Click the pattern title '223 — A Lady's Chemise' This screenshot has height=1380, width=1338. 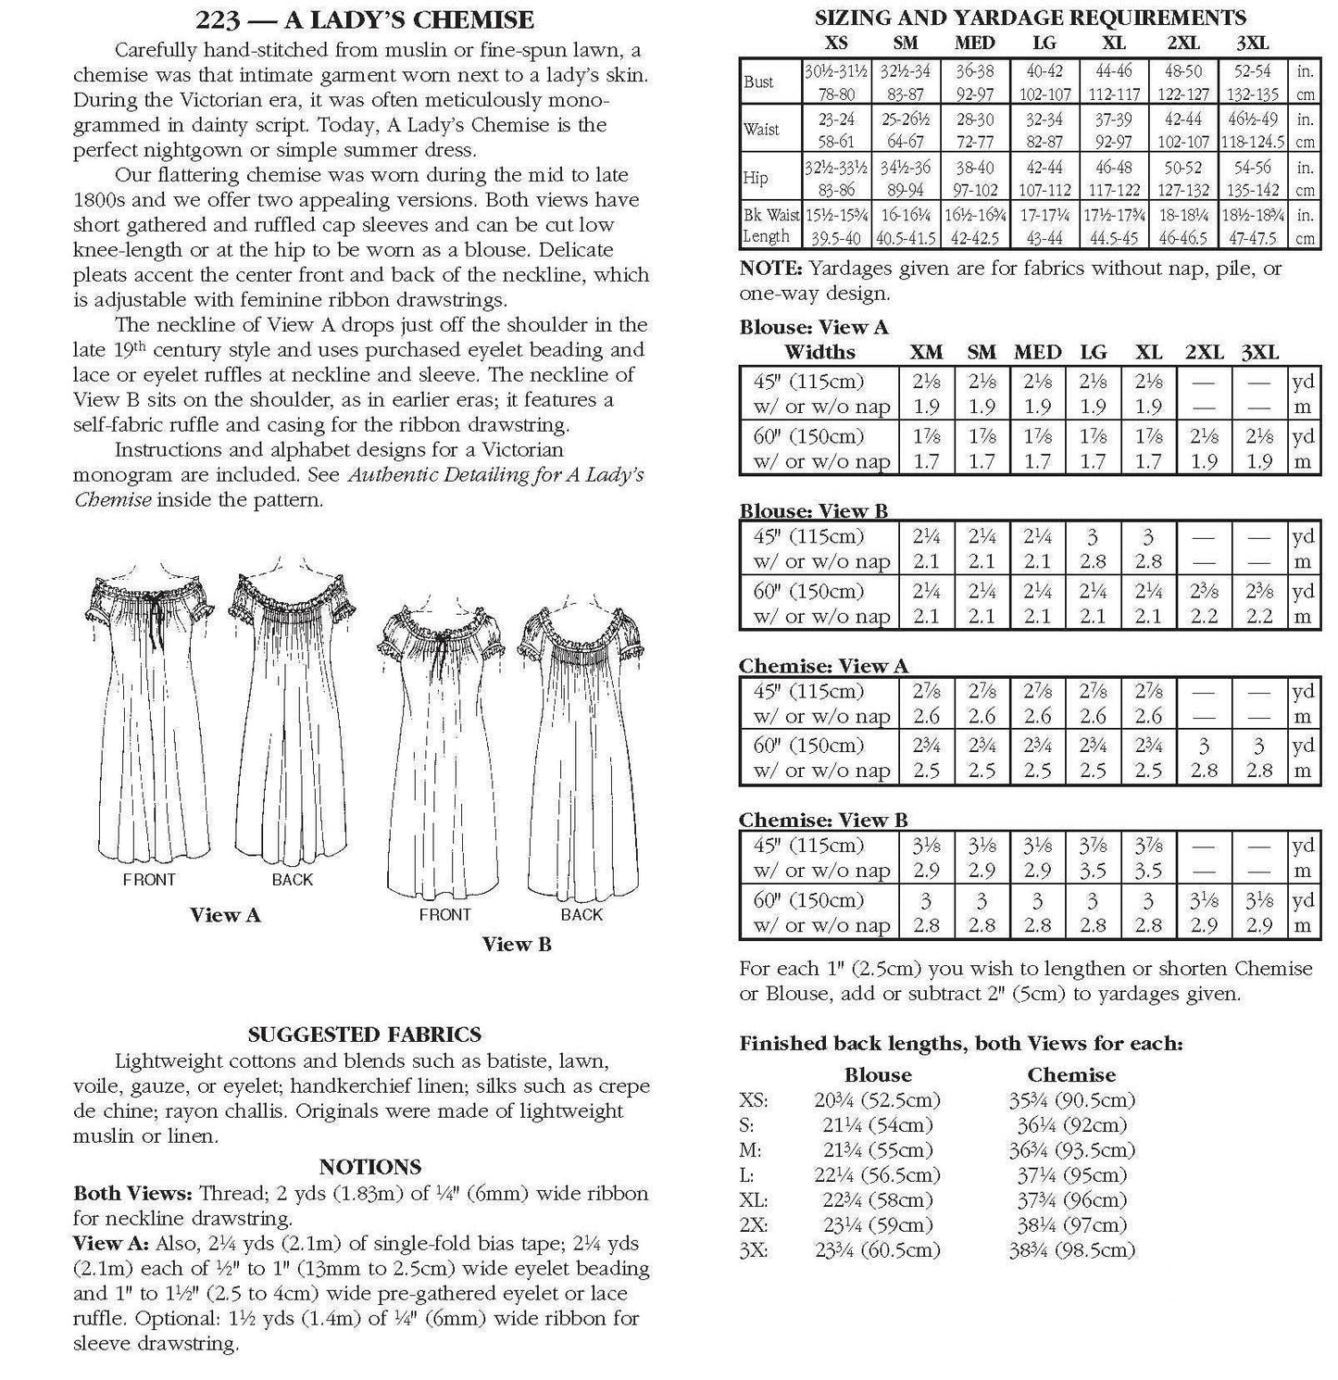coord(365,19)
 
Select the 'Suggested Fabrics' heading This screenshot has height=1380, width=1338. coord(364,1035)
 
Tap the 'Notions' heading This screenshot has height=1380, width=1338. coord(369,1167)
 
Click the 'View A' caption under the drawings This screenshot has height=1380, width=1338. coord(225,915)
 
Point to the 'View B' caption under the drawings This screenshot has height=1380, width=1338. coord(517,944)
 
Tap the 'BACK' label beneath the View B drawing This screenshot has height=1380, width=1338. coord(581,915)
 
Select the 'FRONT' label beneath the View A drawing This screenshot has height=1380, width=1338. coord(148,880)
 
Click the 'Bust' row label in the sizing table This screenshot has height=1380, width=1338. coord(758,82)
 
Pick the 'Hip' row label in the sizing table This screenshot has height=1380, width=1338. coord(755,178)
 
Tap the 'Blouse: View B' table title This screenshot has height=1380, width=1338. coord(813,511)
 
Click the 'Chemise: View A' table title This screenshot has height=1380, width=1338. coord(823,666)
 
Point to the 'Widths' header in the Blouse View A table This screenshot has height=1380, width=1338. coord(819,352)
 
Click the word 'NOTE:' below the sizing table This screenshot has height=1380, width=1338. coord(770,270)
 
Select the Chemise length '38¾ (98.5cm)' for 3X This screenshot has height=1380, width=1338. coord(1071,1250)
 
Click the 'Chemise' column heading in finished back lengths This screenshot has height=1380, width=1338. coord(1070,1075)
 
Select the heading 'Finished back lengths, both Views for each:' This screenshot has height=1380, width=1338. coord(961,1044)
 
